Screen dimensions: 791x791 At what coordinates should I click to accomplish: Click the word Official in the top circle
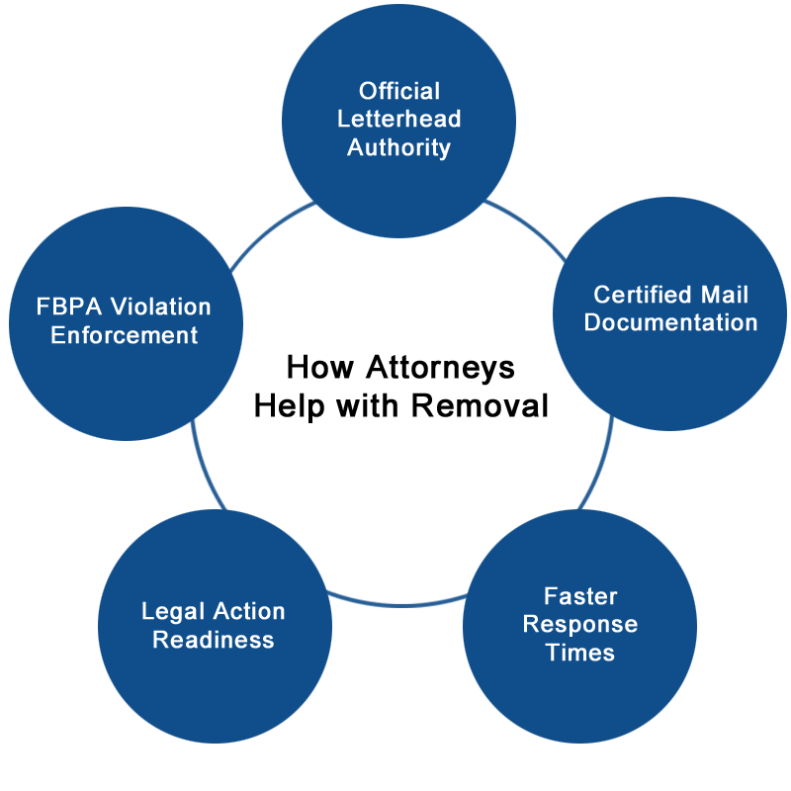399,91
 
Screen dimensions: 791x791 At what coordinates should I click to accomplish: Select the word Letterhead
399,119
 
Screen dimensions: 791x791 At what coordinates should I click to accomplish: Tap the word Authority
399,148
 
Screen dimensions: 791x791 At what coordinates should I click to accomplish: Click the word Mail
724,295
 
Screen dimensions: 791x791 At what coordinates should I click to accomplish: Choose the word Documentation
671,322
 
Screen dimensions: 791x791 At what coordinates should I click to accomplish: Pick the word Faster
580,596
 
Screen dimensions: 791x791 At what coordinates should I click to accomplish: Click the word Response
580,625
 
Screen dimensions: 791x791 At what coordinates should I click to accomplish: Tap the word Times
580,653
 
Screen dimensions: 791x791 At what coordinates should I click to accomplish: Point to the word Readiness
214,640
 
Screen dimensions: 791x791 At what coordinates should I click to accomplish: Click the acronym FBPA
68,307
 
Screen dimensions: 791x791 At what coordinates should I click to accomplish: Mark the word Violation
160,307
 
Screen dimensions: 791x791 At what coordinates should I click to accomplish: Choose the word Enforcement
125,335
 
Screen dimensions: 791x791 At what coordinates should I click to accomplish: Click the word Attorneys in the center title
440,368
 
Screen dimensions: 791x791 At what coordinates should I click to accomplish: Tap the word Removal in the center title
480,405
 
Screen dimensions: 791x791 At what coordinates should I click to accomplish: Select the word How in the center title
319,367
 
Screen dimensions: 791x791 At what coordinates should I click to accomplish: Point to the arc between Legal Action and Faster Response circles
398,604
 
